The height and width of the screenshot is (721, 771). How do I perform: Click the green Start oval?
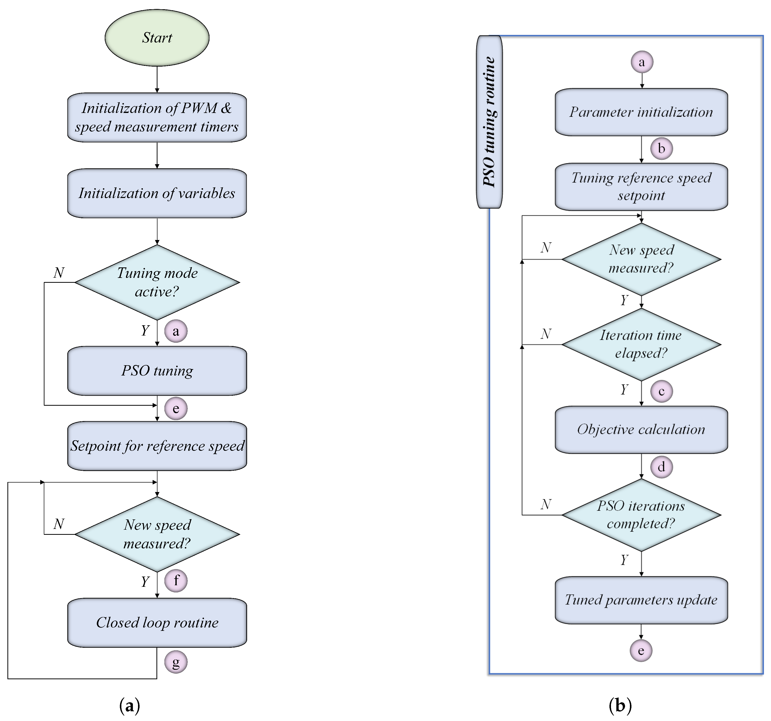coord(157,38)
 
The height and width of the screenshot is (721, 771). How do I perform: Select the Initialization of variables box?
coord(157,193)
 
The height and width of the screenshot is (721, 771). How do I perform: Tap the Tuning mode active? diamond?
coord(157,282)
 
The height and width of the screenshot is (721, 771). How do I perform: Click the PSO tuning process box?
coord(157,371)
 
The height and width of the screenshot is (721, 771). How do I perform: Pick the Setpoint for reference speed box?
coord(157,446)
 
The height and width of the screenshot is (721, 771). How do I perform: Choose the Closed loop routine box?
coord(157,622)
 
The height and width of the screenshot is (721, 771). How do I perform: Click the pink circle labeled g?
coord(176,662)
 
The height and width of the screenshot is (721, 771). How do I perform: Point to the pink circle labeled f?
coord(176,581)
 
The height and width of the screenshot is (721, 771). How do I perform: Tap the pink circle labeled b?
coord(661,149)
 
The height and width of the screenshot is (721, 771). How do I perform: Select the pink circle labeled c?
coord(661,391)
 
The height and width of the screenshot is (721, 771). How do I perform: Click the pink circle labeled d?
coord(661,467)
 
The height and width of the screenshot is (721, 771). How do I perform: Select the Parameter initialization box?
coord(641,112)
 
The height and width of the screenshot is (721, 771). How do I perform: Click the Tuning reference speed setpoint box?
coord(641,186)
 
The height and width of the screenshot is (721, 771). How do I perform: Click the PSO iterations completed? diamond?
coord(641,515)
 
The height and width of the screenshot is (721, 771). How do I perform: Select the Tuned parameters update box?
coord(641,600)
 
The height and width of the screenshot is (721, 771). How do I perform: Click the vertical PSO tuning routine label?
coord(489,122)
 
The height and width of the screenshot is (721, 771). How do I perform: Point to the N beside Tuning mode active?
coord(59,273)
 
